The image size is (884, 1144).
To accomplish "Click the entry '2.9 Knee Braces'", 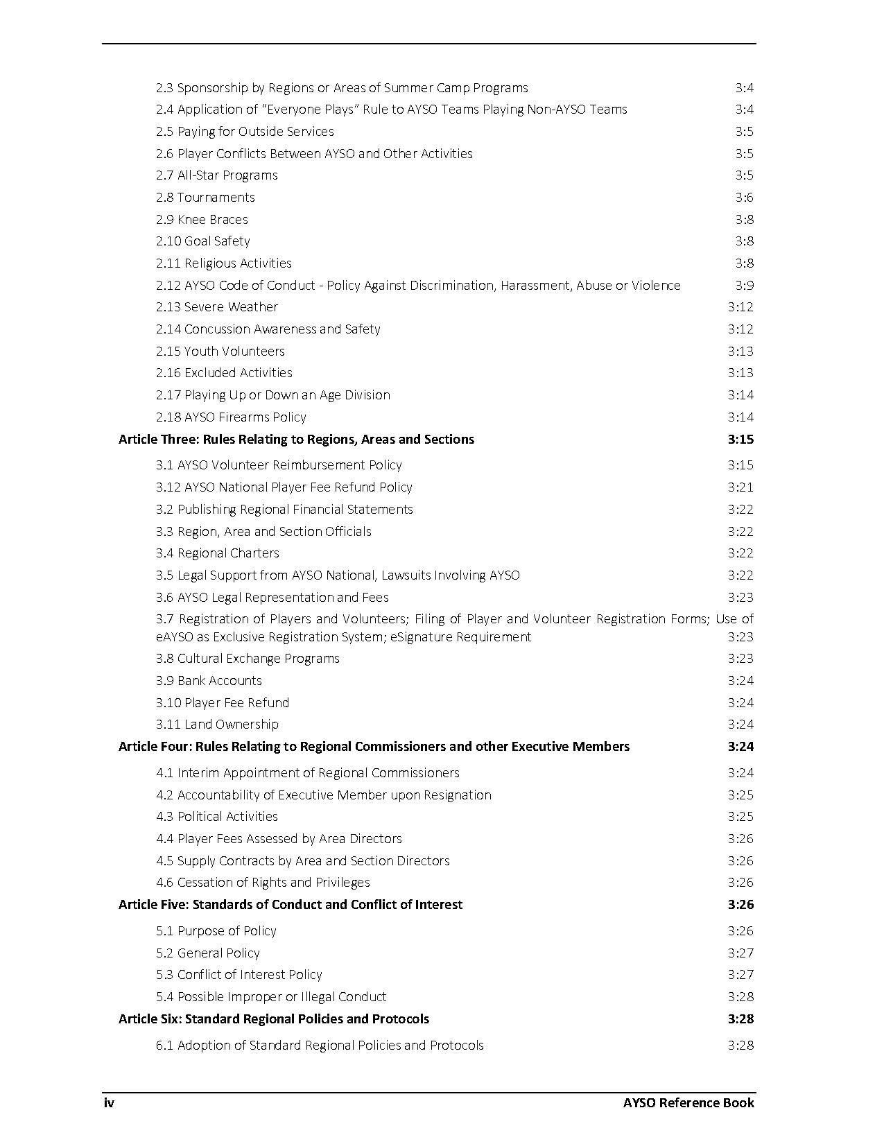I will (202, 219).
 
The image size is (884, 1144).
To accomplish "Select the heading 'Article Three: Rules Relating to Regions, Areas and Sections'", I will (296, 439).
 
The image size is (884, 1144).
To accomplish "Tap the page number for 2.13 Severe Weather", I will (740, 306).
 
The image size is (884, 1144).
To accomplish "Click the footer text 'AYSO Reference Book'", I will (688, 1102).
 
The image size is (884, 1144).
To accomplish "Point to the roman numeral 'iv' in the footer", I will (109, 1102).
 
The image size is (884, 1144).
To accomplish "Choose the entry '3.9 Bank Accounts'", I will (209, 680).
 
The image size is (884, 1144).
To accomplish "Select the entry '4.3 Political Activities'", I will (217, 816).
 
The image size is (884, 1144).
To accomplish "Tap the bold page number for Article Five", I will (740, 904).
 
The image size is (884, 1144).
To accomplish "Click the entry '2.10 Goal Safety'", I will (203, 241).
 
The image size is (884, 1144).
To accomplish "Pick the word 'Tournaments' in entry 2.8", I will (216, 197).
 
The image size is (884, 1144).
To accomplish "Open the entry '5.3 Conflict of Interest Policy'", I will (239, 974).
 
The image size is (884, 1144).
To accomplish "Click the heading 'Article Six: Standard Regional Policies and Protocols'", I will (274, 1019).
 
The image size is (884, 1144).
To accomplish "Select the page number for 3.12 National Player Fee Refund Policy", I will (740, 487).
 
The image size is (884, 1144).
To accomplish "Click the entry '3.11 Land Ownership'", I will (217, 724).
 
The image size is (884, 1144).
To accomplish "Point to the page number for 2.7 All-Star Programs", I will (744, 175).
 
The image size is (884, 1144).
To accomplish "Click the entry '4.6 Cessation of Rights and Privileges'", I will (263, 882).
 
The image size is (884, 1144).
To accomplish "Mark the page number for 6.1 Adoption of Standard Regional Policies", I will (740, 1045).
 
